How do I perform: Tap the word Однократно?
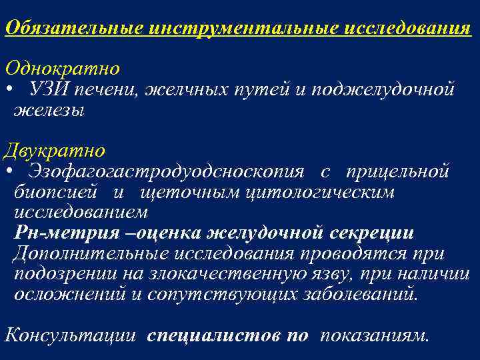tap(63, 69)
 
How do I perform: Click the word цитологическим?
tap(320, 192)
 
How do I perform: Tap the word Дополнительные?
tap(91, 254)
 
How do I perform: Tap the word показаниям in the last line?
tap(373, 335)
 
